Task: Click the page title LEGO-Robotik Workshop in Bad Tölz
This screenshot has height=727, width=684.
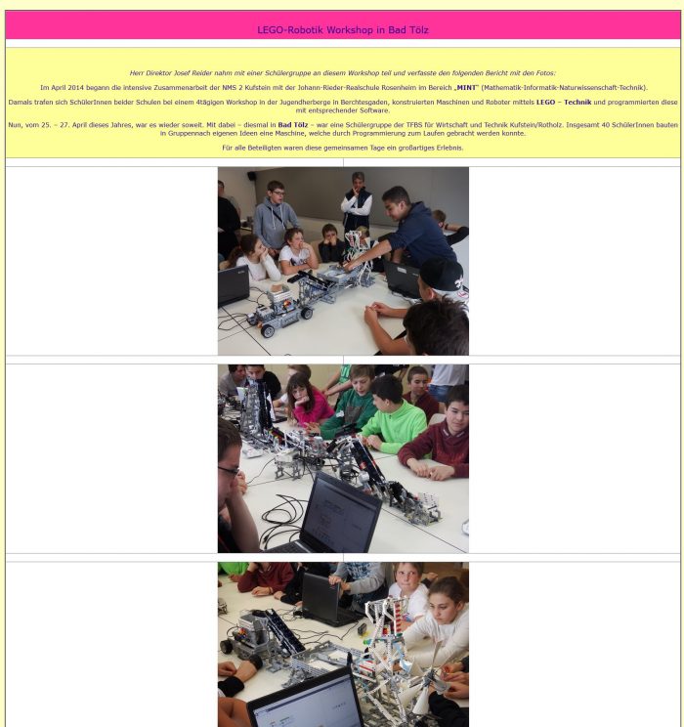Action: tap(343, 30)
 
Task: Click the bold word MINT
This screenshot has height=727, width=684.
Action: tap(466, 88)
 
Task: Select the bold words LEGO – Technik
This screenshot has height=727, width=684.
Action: tap(564, 102)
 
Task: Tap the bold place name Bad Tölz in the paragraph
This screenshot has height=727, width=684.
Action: tap(292, 125)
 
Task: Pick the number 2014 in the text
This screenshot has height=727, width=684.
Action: tap(75, 88)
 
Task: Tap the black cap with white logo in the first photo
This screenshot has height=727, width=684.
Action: tap(441, 274)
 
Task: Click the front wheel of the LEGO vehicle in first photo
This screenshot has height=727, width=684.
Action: tap(268, 331)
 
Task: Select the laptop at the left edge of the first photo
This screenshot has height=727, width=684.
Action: tap(234, 285)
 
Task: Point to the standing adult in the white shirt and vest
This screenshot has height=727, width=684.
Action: tap(357, 202)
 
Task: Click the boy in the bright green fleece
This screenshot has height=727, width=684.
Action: tap(395, 416)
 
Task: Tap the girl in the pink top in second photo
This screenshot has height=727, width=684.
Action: tap(308, 402)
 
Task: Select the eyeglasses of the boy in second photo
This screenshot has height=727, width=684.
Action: tap(229, 472)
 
